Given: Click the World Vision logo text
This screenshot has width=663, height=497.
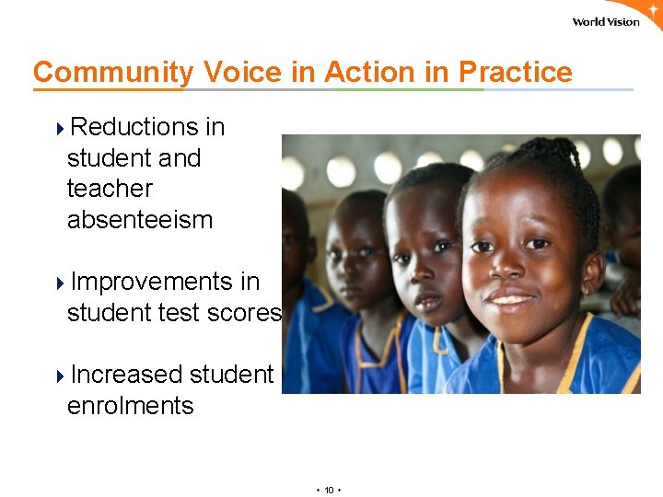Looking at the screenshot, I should click(x=605, y=22).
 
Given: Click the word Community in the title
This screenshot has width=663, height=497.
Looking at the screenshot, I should click(x=113, y=72).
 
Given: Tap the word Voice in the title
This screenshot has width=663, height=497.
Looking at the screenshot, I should click(x=243, y=72).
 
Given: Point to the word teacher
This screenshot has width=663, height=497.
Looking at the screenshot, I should click(x=110, y=189).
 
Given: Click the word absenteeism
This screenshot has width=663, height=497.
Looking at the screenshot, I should click(x=140, y=220).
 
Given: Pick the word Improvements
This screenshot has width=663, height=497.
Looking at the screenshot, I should click(x=165, y=282).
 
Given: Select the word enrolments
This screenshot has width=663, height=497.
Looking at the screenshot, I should click(x=131, y=406).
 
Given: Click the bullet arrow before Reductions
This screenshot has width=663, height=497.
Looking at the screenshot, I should click(x=61, y=127).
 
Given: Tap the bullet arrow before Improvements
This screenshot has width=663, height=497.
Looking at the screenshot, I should click(x=61, y=283).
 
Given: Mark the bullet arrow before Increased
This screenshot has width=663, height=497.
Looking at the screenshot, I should click(x=61, y=376).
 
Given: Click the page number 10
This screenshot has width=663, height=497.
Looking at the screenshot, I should click(x=329, y=490).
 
